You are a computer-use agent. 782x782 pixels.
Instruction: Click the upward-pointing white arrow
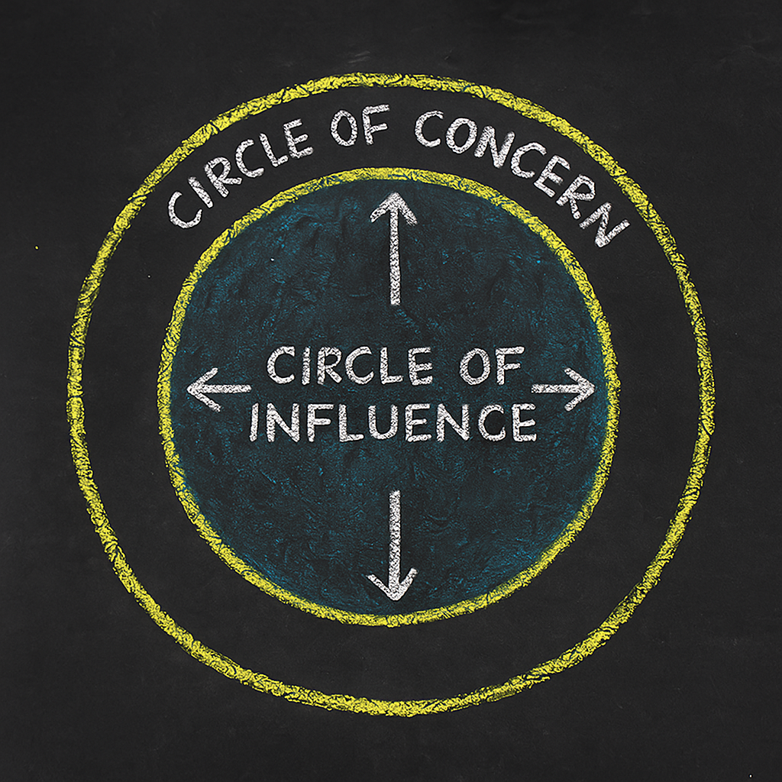(394, 248)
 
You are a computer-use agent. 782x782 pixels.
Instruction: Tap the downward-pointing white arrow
(394, 544)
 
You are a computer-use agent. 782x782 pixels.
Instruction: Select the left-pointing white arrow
(219, 388)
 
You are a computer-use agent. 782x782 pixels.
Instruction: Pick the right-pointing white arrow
(563, 388)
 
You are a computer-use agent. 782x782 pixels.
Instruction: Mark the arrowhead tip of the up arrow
(394, 195)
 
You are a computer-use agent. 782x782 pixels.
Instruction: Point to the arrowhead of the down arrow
(394, 594)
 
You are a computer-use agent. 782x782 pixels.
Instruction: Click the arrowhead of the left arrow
(191, 388)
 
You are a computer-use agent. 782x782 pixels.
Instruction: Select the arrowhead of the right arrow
(591, 388)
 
